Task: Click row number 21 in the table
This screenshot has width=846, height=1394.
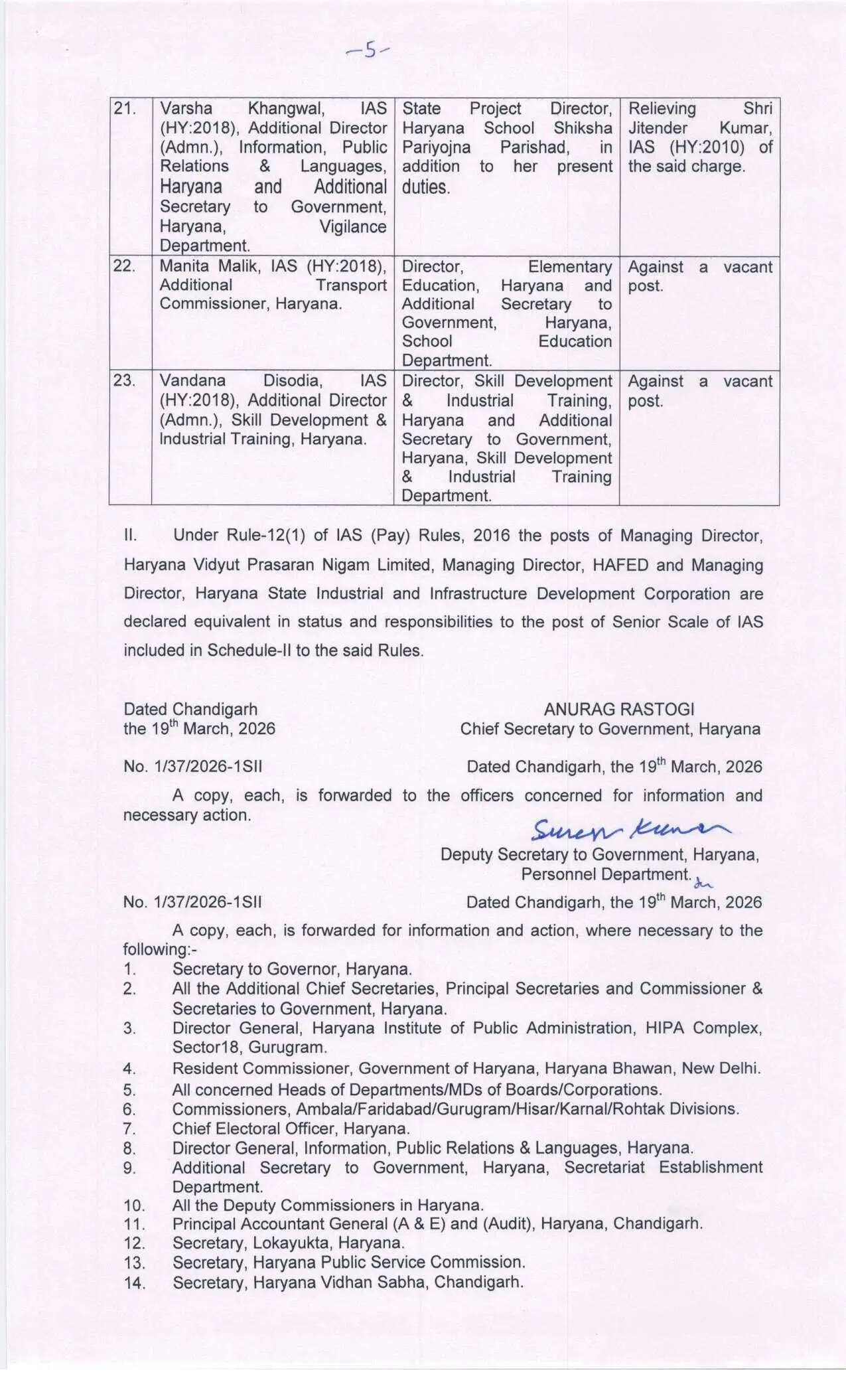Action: pyautogui.click(x=124, y=109)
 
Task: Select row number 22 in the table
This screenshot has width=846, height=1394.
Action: pyautogui.click(x=124, y=266)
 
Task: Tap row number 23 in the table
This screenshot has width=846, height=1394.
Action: pyautogui.click(x=124, y=380)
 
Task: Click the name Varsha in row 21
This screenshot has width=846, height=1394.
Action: pyautogui.click(x=186, y=109)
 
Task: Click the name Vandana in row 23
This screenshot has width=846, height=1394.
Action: pyautogui.click(x=193, y=380)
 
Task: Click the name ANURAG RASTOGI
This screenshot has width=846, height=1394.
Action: pyautogui.click(x=619, y=709)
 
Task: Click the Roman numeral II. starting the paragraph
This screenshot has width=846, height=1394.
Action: pyautogui.click(x=130, y=536)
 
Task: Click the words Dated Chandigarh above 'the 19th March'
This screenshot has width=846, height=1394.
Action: pyautogui.click(x=190, y=709)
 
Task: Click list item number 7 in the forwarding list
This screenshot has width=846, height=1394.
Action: pyautogui.click(x=129, y=1128)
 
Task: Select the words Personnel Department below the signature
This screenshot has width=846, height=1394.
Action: pyautogui.click(x=606, y=874)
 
